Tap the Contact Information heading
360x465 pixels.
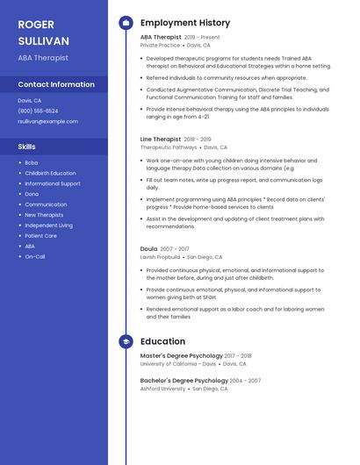[x=56, y=84]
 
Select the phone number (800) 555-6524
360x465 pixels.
[x=38, y=111]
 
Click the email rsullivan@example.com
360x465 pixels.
[x=47, y=121]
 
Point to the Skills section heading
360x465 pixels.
[x=26, y=147]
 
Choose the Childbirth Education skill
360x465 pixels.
[x=50, y=173]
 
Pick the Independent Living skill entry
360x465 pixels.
[x=48, y=225]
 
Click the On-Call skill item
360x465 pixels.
[x=34, y=257]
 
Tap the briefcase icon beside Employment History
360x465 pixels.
[x=126, y=23]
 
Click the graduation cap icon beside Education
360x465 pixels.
[x=126, y=341]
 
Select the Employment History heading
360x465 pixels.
[x=185, y=23]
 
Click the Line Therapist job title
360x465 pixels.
[x=161, y=139]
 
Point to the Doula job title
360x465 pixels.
[x=148, y=249]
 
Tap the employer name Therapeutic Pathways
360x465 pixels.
[x=169, y=147]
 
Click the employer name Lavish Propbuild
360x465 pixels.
[x=160, y=257]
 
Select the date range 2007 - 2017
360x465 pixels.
[x=174, y=249]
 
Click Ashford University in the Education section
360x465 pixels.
[x=162, y=388]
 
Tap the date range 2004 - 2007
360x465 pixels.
[x=245, y=381]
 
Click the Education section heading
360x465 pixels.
[x=162, y=341]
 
